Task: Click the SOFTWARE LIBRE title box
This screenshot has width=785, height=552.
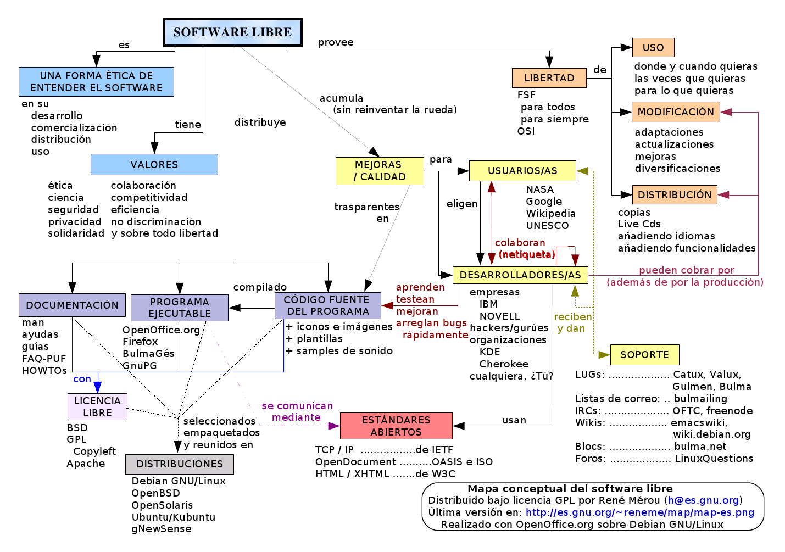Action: (233, 32)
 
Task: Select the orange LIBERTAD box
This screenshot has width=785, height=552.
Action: (549, 78)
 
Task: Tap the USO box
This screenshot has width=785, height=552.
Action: (653, 47)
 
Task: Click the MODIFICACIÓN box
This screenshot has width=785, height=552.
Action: (676, 112)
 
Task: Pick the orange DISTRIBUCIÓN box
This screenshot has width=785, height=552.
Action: (675, 195)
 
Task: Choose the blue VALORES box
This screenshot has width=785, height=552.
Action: (154, 164)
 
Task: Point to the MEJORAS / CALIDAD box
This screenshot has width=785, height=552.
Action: (380, 171)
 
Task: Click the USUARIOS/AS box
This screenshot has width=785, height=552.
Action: (522, 171)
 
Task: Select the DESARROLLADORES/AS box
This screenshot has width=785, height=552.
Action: (520, 275)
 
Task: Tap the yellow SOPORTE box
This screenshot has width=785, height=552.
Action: (645, 355)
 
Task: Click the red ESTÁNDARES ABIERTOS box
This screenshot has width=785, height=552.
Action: (397, 426)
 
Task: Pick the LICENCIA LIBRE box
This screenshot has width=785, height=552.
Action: (97, 406)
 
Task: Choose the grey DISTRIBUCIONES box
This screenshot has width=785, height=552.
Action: (180, 464)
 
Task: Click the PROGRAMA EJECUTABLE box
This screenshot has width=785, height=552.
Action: (180, 308)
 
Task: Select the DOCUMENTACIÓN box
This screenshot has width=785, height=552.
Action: (72, 305)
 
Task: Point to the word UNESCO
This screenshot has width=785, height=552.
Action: (547, 226)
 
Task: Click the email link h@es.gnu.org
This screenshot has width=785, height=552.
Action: (703, 500)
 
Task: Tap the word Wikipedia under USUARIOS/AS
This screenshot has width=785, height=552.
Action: (550, 214)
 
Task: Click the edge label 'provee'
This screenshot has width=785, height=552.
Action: (336, 42)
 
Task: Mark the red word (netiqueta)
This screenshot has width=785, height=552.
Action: (527, 254)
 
